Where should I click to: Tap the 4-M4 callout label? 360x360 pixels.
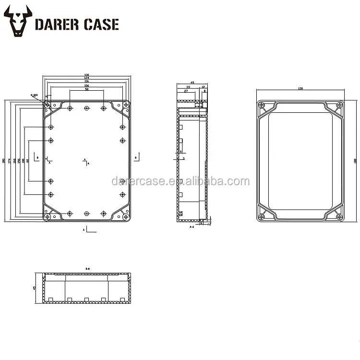click(x=34, y=95)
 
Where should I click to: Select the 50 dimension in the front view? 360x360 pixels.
click(x=86, y=89)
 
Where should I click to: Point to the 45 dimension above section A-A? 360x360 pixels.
click(x=192, y=83)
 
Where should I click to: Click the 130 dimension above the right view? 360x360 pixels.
click(x=300, y=89)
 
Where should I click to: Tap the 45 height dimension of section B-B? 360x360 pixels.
click(x=35, y=288)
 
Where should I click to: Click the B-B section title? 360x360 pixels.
click(x=88, y=268)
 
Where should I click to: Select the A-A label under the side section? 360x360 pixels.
click(x=192, y=226)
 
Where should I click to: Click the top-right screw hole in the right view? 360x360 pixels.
click(x=340, y=104)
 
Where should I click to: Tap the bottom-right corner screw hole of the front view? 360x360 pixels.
click(x=126, y=216)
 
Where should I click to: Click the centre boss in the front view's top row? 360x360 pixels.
click(x=86, y=108)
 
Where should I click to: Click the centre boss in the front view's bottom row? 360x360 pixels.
click(x=86, y=213)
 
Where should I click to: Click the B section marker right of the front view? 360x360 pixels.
click(x=136, y=157)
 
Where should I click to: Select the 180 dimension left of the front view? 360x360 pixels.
click(x=4, y=161)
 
